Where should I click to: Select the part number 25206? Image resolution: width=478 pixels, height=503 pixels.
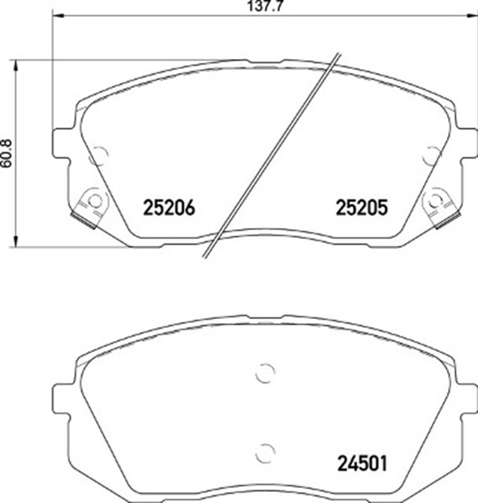click(x=168, y=207)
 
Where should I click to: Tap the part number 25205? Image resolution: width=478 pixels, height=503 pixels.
click(x=362, y=207)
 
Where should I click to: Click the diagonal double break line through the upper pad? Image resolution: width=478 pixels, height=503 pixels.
click(x=273, y=154)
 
